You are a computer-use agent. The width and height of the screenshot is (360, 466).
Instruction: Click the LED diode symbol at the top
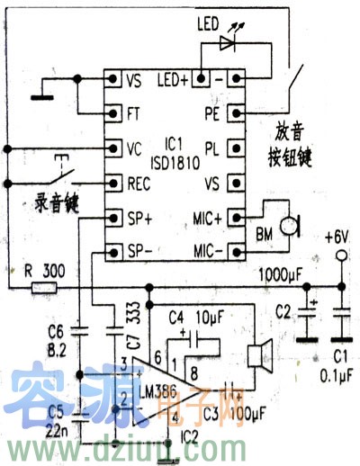pos(228,42)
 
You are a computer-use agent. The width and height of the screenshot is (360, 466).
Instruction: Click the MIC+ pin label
pos(206,217)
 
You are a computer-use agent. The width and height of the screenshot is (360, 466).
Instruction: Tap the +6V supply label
pos(339,239)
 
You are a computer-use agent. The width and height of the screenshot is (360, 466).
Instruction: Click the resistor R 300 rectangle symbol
pos(44,288)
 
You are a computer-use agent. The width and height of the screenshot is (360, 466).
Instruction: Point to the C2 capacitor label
pos(283,312)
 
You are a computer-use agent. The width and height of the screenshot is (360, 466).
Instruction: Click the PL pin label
pos(212,148)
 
